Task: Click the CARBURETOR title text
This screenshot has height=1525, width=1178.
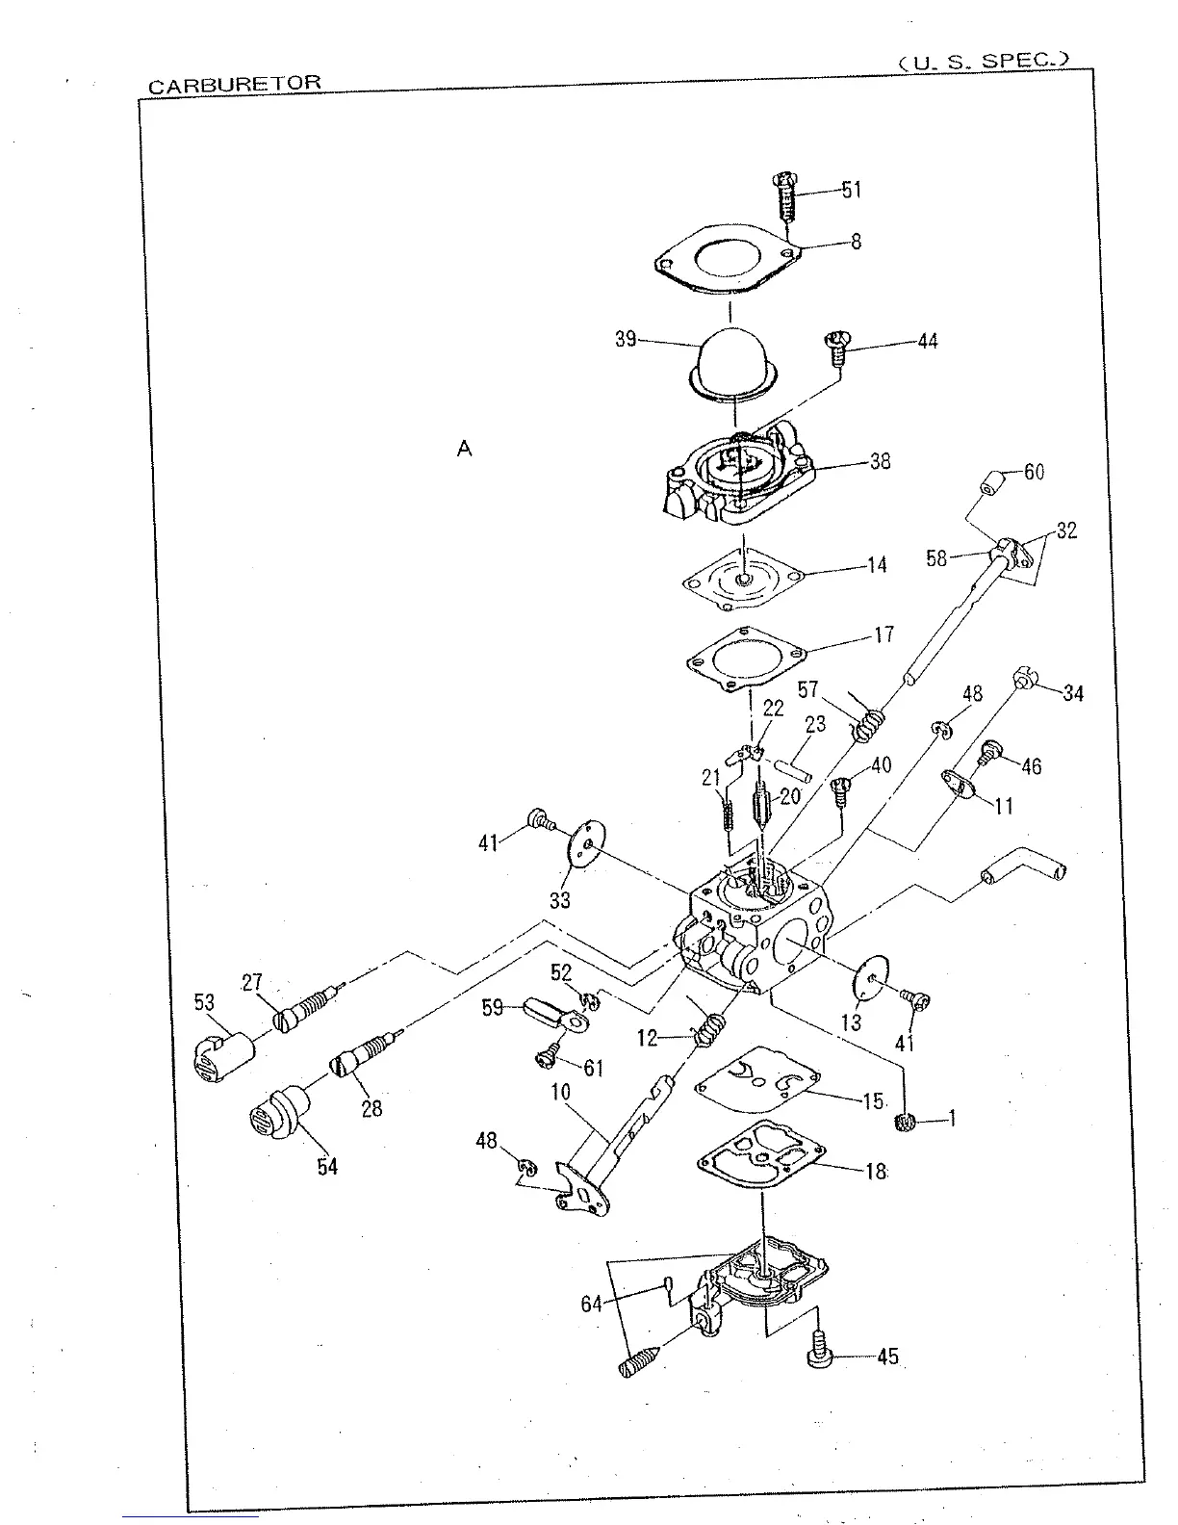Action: [x=234, y=84]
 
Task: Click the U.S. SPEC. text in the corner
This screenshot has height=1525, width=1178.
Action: [x=983, y=62]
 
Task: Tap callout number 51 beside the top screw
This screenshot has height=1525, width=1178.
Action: [x=852, y=190]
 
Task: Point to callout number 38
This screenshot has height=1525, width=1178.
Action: [x=880, y=461]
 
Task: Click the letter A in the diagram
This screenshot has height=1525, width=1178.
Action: [x=465, y=449]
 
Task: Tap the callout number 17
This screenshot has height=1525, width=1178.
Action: [x=883, y=634]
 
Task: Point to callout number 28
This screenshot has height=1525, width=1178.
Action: [x=371, y=1108]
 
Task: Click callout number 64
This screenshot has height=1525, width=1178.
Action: [x=591, y=1304]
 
